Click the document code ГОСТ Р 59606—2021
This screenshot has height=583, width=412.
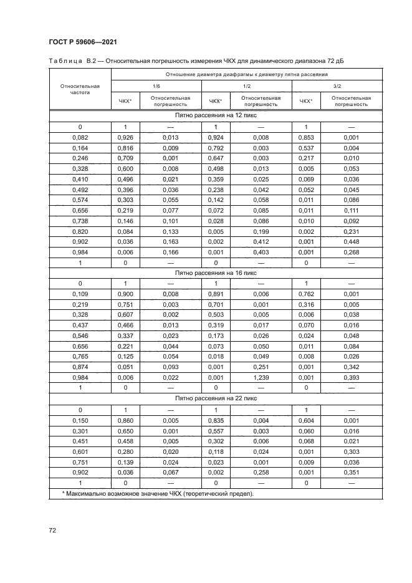click(x=83, y=42)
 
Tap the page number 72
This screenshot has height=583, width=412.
click(x=53, y=530)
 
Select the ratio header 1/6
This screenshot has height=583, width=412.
click(x=156, y=86)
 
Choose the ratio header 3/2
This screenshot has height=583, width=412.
click(x=337, y=86)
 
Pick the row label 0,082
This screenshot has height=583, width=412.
click(x=80, y=137)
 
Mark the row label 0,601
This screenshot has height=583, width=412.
click(x=80, y=451)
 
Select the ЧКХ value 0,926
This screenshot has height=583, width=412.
click(x=125, y=137)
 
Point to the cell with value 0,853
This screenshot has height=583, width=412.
click(x=305, y=137)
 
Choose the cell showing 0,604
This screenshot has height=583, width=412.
click(x=305, y=422)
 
